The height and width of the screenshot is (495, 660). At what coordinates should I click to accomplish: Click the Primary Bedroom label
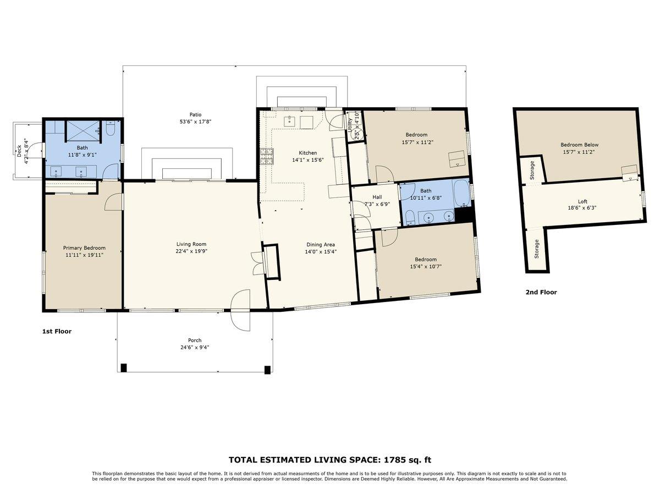click(x=84, y=248)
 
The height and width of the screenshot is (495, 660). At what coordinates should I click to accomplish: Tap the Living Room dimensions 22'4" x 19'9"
click(x=191, y=251)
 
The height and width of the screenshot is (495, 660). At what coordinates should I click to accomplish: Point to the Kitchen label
click(x=307, y=153)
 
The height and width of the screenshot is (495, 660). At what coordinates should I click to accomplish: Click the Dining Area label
click(x=320, y=245)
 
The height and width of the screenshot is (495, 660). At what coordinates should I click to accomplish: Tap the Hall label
click(x=377, y=197)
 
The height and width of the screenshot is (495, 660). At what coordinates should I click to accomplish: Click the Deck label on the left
click(x=19, y=151)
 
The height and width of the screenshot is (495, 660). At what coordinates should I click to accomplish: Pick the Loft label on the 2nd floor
click(x=582, y=201)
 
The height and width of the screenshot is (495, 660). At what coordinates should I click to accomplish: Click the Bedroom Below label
click(x=579, y=145)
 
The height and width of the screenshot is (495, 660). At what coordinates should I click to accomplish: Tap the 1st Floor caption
click(x=57, y=332)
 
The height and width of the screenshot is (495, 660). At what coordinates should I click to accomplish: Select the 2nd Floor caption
click(x=541, y=293)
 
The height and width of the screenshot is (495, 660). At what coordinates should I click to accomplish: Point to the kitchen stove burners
click(x=267, y=157)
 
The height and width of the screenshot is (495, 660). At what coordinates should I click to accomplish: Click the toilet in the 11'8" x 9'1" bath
click(x=109, y=130)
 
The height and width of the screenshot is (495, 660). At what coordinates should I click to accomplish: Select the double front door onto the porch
click(x=240, y=310)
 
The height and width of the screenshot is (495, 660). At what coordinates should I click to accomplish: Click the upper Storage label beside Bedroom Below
click(x=532, y=170)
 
